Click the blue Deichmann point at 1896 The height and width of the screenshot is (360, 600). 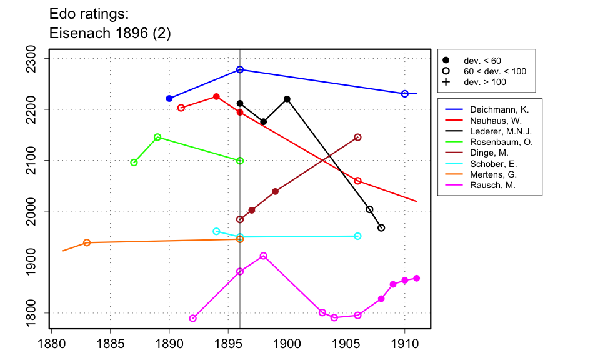[x=240, y=69]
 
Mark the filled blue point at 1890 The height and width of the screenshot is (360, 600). [x=169, y=98]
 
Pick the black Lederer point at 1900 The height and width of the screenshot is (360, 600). [x=287, y=99]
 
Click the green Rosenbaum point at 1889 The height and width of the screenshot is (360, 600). [x=157, y=137]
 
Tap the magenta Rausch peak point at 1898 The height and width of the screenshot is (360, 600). [x=264, y=256]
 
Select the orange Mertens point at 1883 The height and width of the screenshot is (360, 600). [x=87, y=242]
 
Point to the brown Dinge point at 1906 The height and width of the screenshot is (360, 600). [x=357, y=137]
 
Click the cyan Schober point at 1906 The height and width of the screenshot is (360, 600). [x=357, y=236]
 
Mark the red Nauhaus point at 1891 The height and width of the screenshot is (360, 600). [x=181, y=107]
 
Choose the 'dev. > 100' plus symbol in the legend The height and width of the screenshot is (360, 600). [x=446, y=82]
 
